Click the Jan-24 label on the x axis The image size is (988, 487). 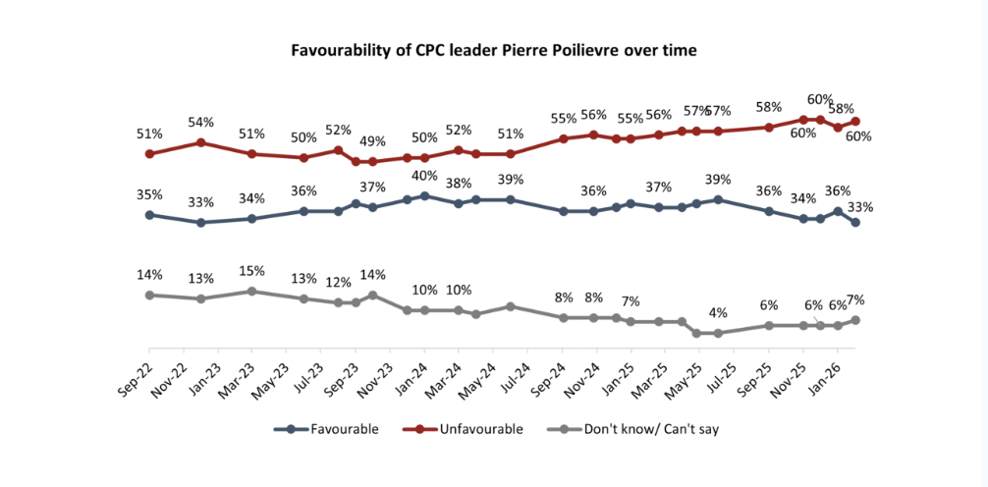tap(412, 365)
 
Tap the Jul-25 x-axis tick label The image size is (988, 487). tap(722, 365)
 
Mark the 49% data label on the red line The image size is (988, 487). tap(369, 141)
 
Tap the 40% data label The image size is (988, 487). tap(424, 176)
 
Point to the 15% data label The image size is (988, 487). tap(252, 270)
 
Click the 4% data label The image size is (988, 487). tap(718, 313)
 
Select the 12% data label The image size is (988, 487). tap(338, 283)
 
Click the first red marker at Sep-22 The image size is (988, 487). tap(149, 154)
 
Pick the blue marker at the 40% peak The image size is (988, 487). tap(424, 195)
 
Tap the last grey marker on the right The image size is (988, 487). tap(855, 320)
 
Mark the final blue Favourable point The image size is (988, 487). tap(855, 223)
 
